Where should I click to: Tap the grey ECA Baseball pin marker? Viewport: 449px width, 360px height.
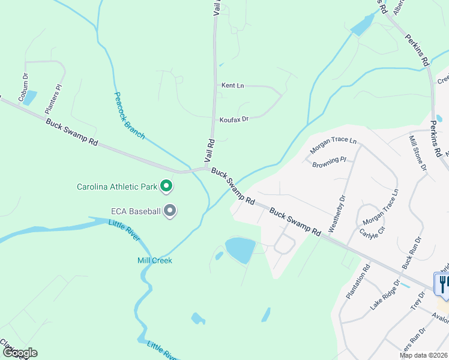pos(170,211)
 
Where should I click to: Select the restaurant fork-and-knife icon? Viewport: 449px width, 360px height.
pos(442,284)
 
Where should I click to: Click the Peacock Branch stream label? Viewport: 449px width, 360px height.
pos(129,116)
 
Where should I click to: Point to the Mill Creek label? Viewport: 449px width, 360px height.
pos(154,260)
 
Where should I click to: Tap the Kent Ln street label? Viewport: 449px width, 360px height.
pos(232,86)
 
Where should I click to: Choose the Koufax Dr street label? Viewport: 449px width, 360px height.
pos(234,119)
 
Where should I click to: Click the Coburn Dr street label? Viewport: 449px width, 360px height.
pos(23,87)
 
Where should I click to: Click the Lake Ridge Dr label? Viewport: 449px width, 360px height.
pos(385,294)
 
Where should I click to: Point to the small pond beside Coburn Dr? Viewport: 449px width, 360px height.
pos(29,98)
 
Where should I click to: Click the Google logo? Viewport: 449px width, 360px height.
pos(19,353)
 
